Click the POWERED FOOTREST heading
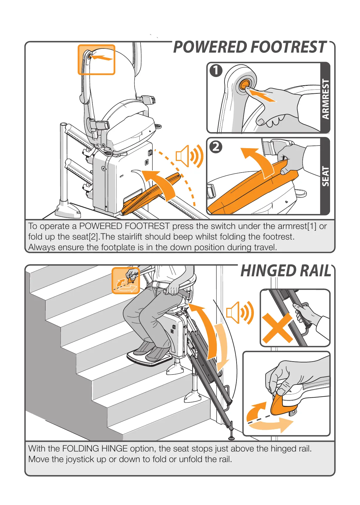tap(250, 47)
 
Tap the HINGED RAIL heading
tap(286, 271)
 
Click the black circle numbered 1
tap(216, 71)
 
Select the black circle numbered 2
tap(216, 147)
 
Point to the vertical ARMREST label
tap(326, 99)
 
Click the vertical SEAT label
tap(326, 176)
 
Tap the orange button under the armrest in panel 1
tap(244, 86)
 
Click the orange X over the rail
tap(277, 328)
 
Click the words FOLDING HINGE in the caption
tap(95, 449)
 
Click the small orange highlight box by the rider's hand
tap(126, 281)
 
